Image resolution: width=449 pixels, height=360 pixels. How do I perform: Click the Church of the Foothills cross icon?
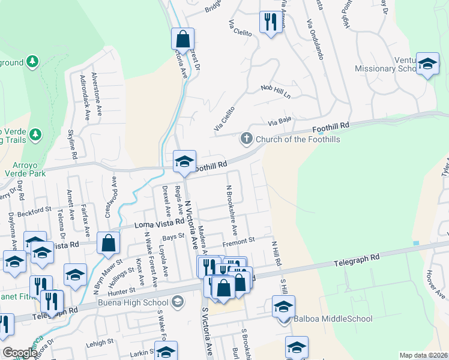click(x=246, y=139)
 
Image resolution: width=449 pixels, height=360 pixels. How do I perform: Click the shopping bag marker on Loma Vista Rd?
click(x=108, y=244)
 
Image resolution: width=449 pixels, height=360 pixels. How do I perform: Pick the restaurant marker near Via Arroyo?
click(x=269, y=22)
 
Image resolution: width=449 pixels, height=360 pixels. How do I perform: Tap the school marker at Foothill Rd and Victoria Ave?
click(x=184, y=161)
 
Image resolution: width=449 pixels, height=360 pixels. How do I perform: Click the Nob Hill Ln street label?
click(x=276, y=92)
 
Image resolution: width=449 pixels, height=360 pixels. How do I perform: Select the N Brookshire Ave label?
click(x=232, y=209)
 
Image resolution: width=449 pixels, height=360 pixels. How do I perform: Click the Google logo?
click(x=20, y=353)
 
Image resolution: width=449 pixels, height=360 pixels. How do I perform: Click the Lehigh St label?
click(x=99, y=341)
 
